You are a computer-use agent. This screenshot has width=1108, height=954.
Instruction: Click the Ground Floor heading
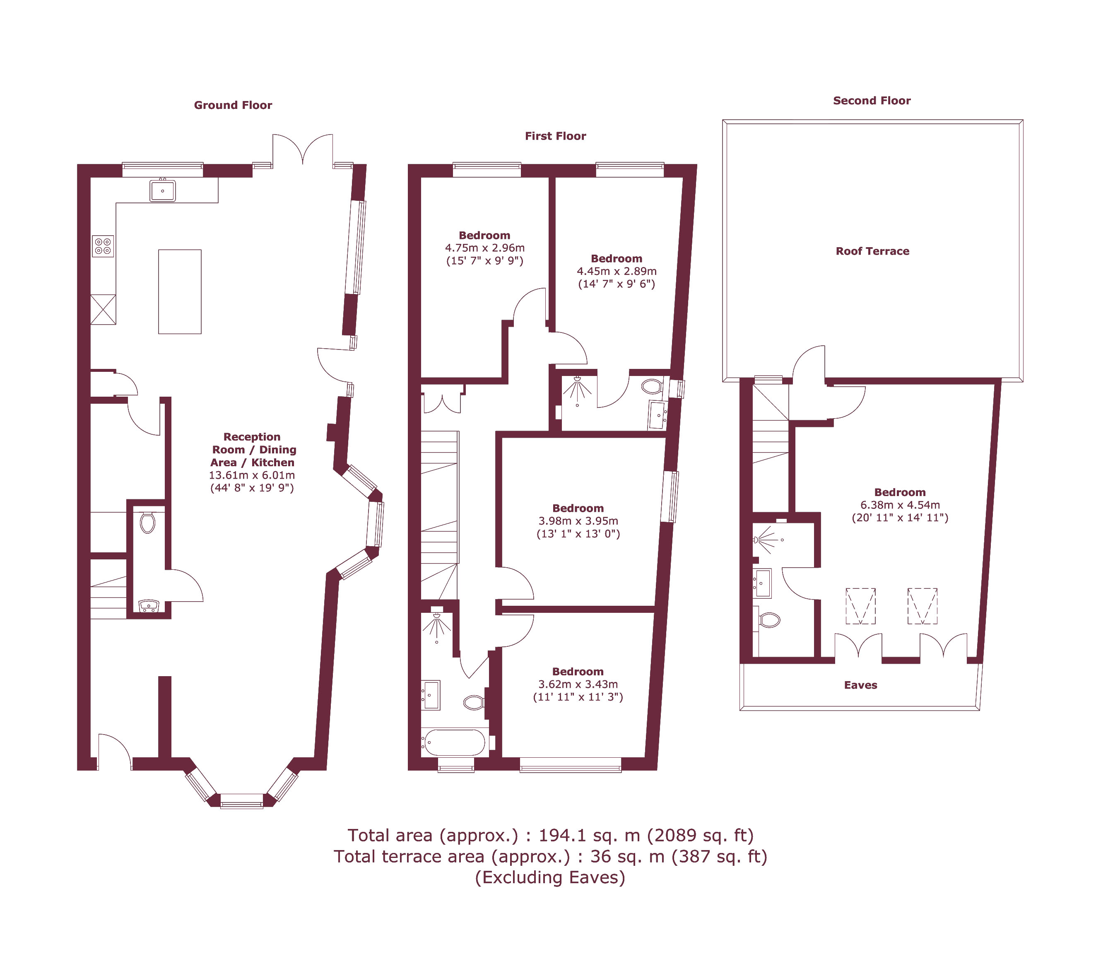pyautogui.click(x=233, y=105)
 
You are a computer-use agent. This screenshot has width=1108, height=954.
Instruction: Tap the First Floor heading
pyautogui.click(x=555, y=136)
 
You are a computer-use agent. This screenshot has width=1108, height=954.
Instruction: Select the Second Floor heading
pyautogui.click(x=872, y=101)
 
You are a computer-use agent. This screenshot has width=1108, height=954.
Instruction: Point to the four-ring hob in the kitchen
pyautogui.click(x=103, y=246)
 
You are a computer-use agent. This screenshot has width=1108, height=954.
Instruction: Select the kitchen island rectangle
pyautogui.click(x=180, y=291)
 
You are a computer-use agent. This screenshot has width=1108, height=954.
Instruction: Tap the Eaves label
pyautogui.click(x=860, y=685)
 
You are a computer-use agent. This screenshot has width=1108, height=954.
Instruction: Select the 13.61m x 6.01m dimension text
pyautogui.click(x=252, y=475)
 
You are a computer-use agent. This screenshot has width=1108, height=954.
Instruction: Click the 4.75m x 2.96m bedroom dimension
pyautogui.click(x=484, y=248)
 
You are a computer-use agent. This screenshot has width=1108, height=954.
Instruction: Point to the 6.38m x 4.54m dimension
pyautogui.click(x=900, y=505)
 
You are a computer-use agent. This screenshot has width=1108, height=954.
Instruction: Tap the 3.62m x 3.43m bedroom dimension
pyautogui.click(x=578, y=684)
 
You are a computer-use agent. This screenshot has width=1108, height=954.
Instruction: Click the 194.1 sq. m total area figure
pyautogui.click(x=589, y=835)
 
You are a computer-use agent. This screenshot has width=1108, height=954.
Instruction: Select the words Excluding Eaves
pyautogui.click(x=550, y=877)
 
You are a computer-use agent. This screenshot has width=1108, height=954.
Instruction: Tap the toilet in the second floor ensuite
pyautogui.click(x=769, y=620)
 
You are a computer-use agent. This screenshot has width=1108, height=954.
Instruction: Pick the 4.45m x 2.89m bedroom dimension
pyautogui.click(x=617, y=271)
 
